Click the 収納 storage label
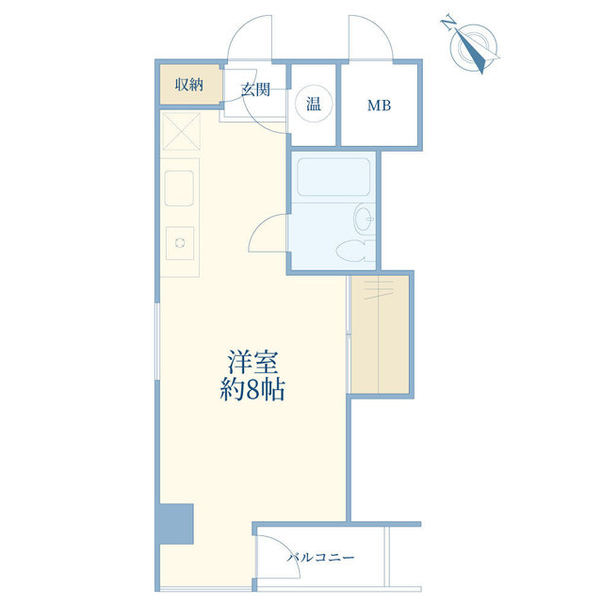click(x=188, y=85)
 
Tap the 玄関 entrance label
click(x=255, y=90)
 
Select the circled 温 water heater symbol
click(x=314, y=104)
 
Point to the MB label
click(x=379, y=105)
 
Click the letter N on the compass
click(x=448, y=23)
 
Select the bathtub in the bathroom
click(x=334, y=176)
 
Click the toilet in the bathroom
click(x=354, y=251)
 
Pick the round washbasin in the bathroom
click(x=364, y=218)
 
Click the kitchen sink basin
click(x=179, y=188)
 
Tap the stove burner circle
click(x=180, y=243)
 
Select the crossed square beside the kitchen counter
click(x=181, y=131)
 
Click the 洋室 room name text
click(x=253, y=362)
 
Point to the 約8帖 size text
click(x=253, y=390)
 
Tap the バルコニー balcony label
click(x=320, y=557)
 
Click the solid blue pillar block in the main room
click(x=176, y=524)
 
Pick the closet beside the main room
click(x=380, y=334)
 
